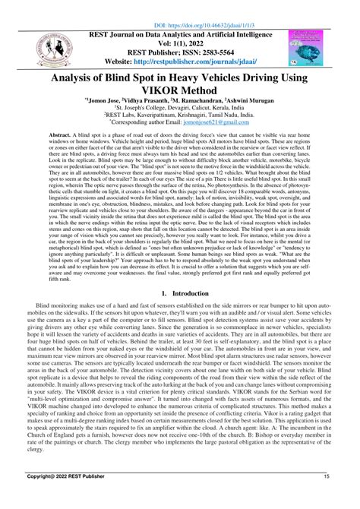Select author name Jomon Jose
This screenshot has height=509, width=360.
pyautogui.click(x=117, y=107)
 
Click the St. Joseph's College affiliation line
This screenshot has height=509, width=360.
pyautogui.click(x=180, y=116)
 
